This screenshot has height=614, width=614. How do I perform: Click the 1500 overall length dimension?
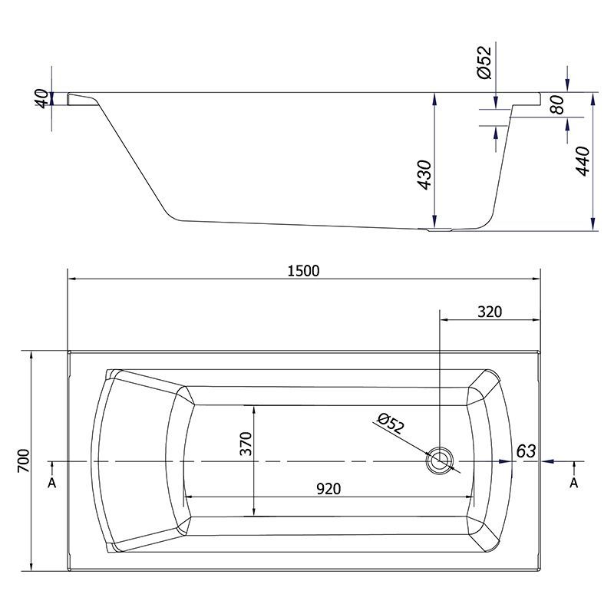pos(303,271)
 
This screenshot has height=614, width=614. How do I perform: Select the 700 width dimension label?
pos(24,460)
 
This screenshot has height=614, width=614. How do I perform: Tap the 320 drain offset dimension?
pos(490,312)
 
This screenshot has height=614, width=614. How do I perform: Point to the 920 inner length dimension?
pos(328,489)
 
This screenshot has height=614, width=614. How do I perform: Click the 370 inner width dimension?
pos(246,444)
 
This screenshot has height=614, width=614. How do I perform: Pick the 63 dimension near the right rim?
pos(526,451)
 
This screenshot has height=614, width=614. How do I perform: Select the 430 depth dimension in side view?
pos(424,175)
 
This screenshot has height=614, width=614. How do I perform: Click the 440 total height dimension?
pos(583,161)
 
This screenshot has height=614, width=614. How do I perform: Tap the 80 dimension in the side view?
pos(557,104)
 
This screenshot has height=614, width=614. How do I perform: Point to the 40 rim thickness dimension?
pos(42,98)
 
